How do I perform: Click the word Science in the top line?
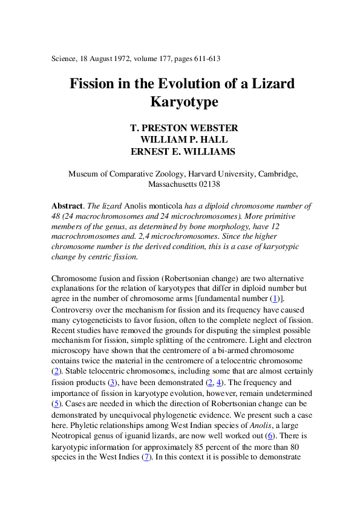[68, 59]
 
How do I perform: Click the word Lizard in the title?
[271, 83]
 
